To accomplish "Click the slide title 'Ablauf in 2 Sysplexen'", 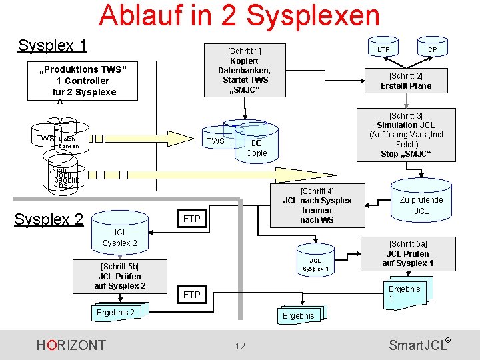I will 239,15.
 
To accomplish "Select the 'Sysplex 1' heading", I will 53,45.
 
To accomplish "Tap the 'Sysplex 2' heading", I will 49,219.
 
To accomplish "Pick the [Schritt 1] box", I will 244,70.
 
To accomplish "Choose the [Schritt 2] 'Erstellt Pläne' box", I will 406,81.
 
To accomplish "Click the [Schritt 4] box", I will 317,205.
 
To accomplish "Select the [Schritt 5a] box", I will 407,253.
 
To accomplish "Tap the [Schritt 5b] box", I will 120,276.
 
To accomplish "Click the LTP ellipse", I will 383,50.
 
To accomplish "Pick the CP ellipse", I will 432,50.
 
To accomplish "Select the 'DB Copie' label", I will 256,148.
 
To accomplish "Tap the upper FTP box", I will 191,219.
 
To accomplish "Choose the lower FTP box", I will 191,294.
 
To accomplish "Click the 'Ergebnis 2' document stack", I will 117,313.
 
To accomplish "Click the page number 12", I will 240,345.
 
